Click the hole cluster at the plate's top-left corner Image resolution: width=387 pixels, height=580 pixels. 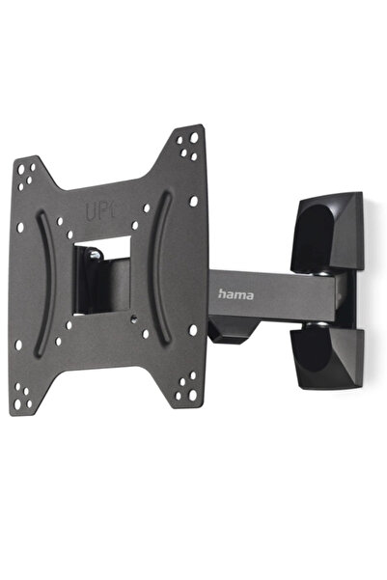25,175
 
